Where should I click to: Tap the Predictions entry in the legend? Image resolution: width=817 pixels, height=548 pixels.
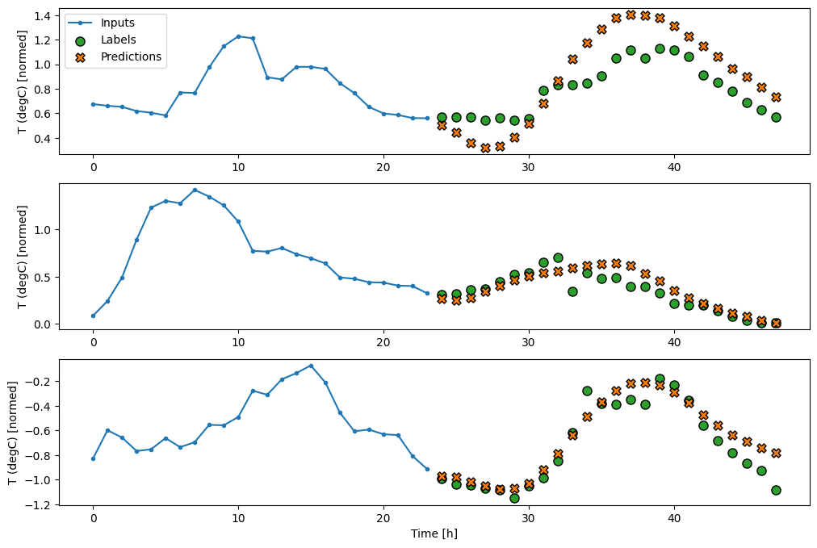click(131, 56)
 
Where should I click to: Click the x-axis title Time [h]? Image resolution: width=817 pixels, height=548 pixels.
click(434, 533)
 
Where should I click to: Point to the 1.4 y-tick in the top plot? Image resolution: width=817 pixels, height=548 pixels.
click(43, 15)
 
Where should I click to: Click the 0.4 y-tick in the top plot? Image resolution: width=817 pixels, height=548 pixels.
click(43, 138)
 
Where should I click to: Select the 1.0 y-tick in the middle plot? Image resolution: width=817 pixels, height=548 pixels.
click(43, 230)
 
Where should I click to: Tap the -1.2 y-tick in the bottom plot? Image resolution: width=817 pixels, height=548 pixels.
click(40, 504)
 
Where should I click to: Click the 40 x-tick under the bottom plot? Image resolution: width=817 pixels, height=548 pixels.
click(674, 519)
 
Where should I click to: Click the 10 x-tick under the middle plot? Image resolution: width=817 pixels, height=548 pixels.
click(238, 343)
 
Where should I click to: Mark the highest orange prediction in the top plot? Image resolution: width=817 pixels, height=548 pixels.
click(631, 15)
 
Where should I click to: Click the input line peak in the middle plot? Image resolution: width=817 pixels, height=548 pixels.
click(195, 190)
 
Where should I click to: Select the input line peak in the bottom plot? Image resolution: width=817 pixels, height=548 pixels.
click(311, 366)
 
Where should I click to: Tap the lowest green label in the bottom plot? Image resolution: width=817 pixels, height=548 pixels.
click(514, 498)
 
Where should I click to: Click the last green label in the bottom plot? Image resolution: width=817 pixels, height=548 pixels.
click(776, 490)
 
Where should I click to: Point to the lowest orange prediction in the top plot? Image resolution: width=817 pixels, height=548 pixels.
click(485, 148)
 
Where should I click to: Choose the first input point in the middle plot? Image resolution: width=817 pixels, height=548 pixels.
click(93, 316)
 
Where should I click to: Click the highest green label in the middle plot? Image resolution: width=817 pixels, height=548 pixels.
click(558, 257)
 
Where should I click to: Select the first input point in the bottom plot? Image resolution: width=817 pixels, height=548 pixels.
click(93, 458)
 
